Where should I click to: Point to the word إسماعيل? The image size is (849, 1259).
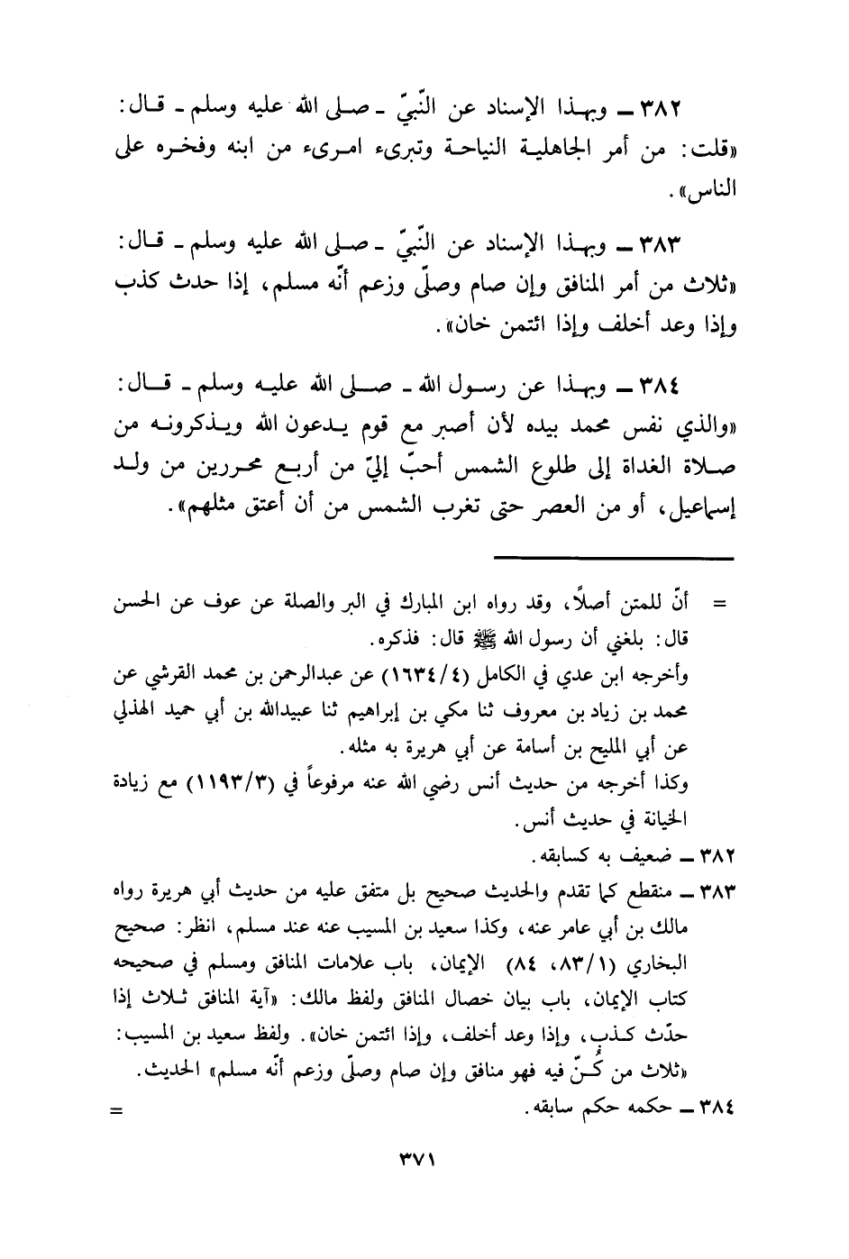click(702, 510)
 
